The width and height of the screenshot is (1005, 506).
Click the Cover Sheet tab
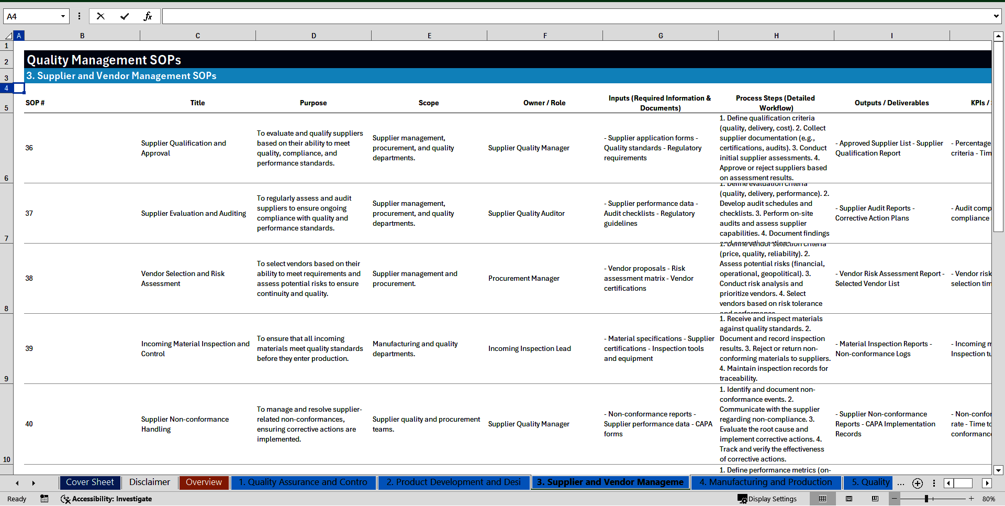point(90,482)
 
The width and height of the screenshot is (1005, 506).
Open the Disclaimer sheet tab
point(150,482)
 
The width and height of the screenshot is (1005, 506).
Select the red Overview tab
point(204,482)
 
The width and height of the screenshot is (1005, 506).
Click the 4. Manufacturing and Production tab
point(765,482)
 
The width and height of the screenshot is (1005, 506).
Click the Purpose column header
point(313,103)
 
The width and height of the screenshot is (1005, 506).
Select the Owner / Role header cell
point(544,103)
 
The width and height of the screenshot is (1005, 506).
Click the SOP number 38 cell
point(29,279)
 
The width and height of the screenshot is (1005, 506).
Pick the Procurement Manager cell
point(524,279)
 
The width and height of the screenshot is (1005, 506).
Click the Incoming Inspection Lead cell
point(529,349)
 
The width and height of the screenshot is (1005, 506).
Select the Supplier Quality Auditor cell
point(526,214)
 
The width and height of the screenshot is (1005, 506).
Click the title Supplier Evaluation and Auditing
point(193,214)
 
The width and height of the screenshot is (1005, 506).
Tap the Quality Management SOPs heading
point(104,60)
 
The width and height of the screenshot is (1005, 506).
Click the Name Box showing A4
point(31,17)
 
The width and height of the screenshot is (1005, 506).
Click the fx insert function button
point(148,17)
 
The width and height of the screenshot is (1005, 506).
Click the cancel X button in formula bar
point(101,17)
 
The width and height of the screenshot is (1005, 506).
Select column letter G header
point(661,36)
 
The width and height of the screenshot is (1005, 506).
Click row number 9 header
point(6,379)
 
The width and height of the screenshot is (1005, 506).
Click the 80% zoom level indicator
point(988,499)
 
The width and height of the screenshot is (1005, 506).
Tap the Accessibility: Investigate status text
point(111,499)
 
